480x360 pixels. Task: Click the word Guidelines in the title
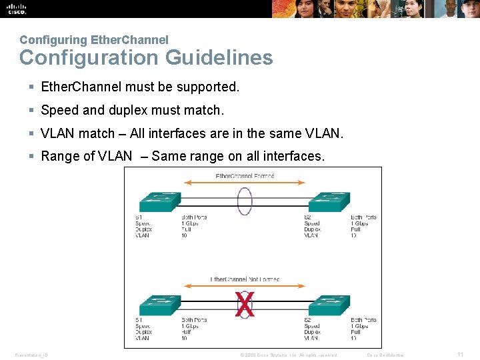219,58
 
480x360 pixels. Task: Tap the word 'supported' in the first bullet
206,87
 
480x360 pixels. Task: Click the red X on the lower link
245,305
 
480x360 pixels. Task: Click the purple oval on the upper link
245,201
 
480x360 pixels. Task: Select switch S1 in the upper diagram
159,201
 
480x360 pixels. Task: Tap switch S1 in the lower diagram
159,306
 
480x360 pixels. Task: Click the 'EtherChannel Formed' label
245,176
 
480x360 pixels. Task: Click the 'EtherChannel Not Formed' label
245,279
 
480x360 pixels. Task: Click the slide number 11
460,355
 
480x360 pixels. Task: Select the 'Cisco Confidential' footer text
385,355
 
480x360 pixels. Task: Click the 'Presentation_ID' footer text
31,355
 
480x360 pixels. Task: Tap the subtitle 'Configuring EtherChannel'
94,40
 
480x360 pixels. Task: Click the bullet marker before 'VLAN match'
31,133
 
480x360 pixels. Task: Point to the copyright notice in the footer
288,355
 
